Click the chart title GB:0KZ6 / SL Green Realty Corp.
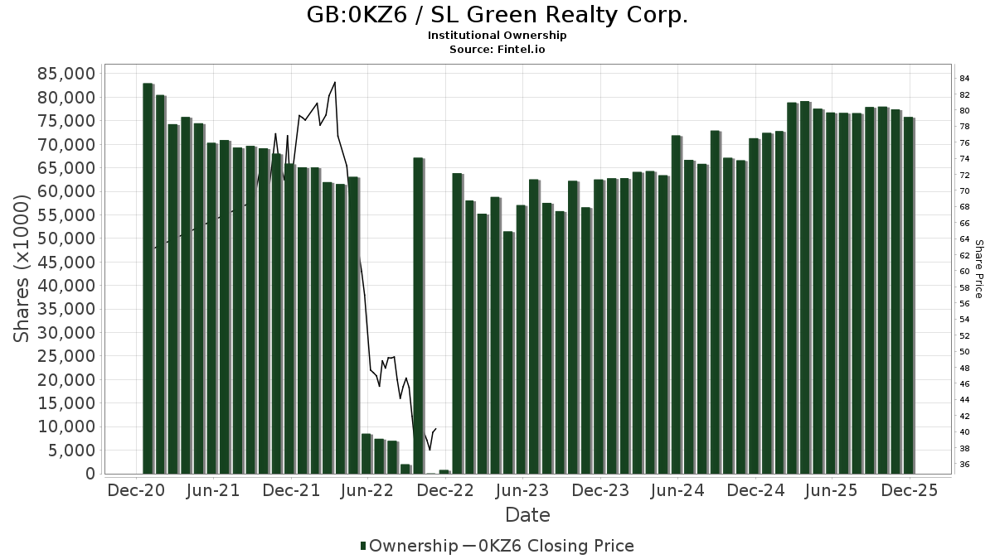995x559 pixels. point(497,15)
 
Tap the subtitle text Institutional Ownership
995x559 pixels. point(497,36)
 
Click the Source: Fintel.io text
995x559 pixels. point(497,50)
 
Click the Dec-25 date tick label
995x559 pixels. point(910,490)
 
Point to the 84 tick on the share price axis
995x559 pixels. point(965,78)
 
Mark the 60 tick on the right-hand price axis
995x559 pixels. point(965,272)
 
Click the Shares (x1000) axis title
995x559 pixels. point(23,273)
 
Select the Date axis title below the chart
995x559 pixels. point(527,515)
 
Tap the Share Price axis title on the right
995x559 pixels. point(978,269)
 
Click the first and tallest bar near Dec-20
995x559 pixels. point(148,277)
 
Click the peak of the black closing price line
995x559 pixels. point(334,82)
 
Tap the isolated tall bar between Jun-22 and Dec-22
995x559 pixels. point(418,315)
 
